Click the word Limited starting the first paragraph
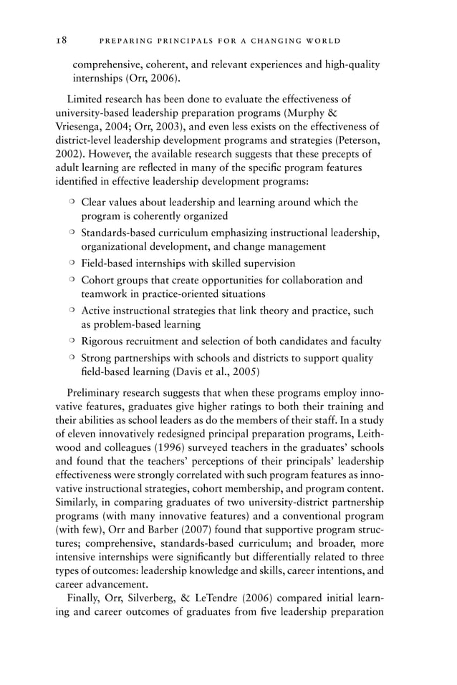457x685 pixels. point(85,99)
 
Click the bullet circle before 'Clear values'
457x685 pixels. point(72,203)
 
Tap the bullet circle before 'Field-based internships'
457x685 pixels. point(72,263)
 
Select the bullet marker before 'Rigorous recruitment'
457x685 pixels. point(72,341)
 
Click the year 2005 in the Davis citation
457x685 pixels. point(243,371)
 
